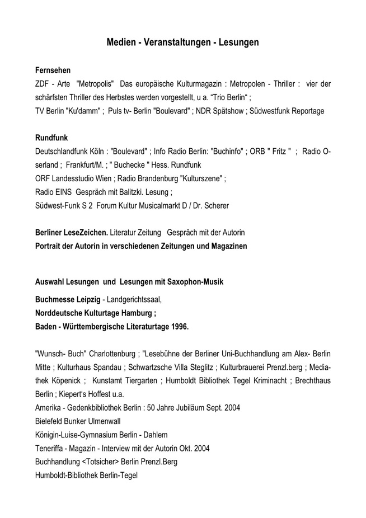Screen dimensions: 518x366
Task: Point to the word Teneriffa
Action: click(51, 448)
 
